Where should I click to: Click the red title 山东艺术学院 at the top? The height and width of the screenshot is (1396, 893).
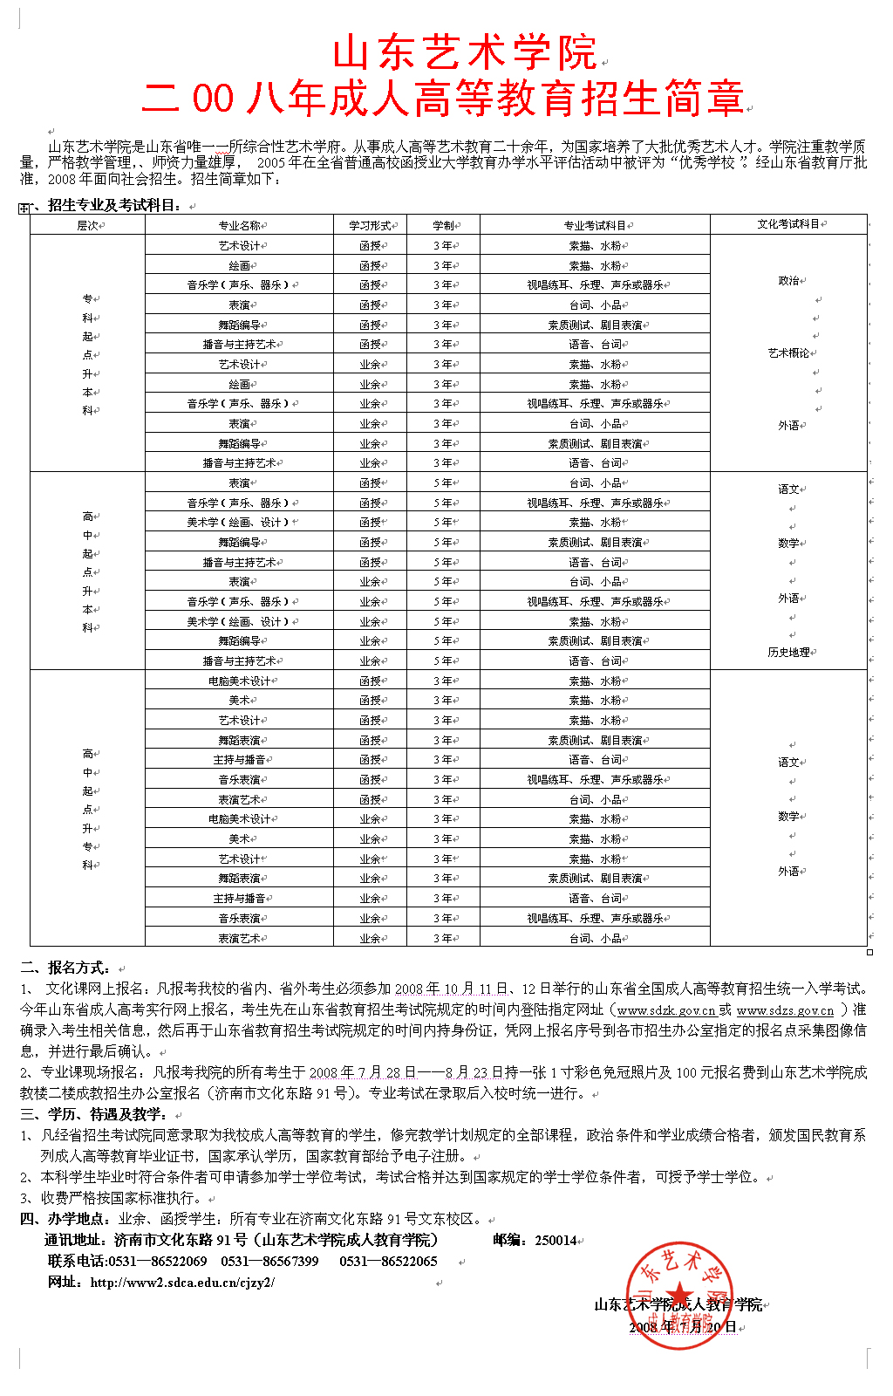[464, 54]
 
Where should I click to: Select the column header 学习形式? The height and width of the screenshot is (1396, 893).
[369, 225]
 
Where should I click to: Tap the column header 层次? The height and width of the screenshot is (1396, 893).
[87, 225]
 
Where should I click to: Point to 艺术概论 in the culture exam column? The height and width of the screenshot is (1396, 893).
[787, 353]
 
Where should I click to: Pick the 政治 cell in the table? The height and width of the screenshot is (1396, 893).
[787, 281]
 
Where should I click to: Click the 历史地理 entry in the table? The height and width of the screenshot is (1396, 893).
[787, 653]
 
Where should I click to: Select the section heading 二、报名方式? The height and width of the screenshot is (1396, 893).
[65, 968]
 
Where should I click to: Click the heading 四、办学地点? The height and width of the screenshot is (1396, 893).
[65, 1219]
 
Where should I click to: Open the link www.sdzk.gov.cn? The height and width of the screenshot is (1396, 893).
[666, 1010]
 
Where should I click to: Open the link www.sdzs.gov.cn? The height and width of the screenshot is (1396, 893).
[785, 1010]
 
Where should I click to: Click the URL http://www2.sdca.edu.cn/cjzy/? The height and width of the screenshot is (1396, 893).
[182, 1283]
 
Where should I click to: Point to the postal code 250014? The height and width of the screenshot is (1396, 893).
[556, 1241]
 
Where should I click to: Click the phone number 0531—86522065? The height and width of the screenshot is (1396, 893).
[388, 1262]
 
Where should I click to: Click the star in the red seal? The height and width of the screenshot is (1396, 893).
[680, 1295]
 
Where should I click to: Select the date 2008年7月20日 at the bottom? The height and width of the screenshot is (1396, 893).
[683, 1327]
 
